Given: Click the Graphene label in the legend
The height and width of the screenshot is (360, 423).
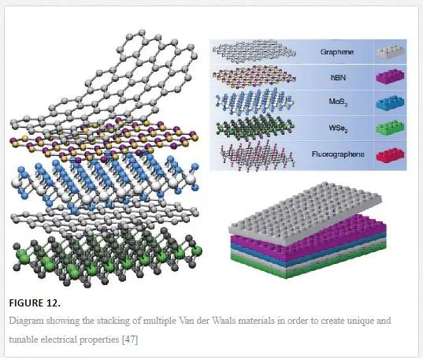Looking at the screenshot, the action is click(x=337, y=52).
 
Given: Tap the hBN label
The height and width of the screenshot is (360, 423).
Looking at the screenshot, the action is click(x=338, y=78).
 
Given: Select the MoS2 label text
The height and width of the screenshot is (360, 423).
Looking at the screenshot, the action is click(x=338, y=102).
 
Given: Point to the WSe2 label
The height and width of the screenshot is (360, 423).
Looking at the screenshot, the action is click(x=338, y=128).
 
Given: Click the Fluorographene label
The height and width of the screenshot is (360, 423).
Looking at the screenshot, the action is click(x=338, y=154).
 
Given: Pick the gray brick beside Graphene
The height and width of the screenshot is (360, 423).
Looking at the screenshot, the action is click(x=390, y=52).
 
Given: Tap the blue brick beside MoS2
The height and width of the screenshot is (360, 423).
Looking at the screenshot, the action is click(x=390, y=103).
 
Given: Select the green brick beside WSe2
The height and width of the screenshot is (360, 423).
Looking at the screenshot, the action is click(x=390, y=128).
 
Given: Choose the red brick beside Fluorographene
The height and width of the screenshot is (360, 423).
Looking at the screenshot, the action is click(x=390, y=154).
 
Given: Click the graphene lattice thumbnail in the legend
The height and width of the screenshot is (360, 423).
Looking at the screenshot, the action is click(x=254, y=51).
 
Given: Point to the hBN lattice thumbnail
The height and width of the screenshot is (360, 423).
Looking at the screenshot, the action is click(x=254, y=77).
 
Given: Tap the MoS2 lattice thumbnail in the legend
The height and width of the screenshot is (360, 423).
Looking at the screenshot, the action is click(x=254, y=102).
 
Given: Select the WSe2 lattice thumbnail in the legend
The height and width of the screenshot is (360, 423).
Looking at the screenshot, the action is click(x=255, y=127).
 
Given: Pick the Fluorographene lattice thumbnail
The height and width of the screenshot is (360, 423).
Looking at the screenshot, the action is click(x=257, y=155).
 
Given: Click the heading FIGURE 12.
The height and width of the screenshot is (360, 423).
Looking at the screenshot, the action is click(x=35, y=303).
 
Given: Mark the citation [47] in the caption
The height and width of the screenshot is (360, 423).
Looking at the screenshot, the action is click(x=130, y=340).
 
